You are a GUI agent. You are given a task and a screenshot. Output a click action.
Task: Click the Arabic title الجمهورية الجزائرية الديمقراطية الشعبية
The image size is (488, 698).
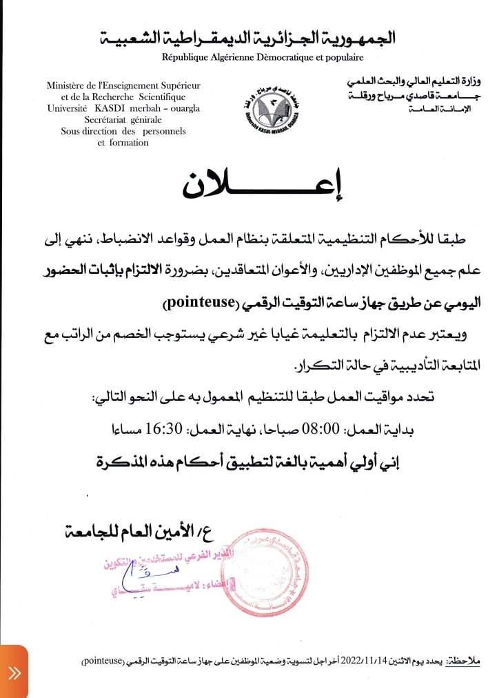248,38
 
